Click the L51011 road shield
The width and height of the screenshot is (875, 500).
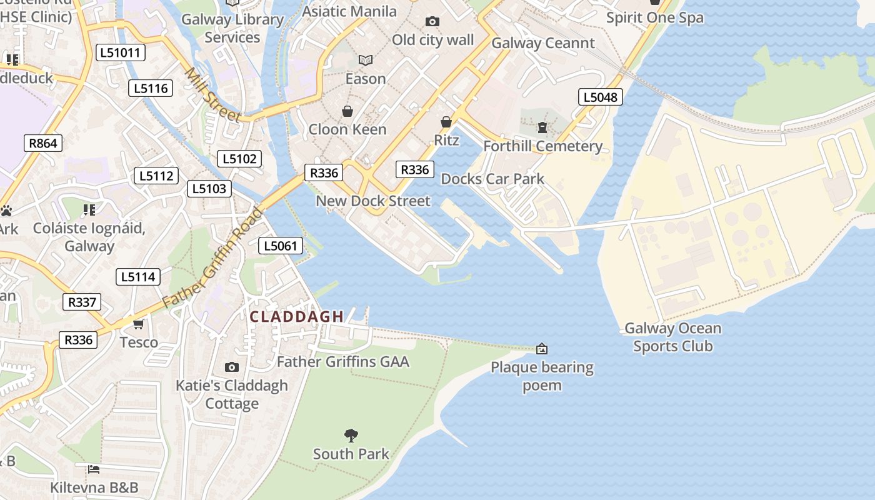pos(121,52)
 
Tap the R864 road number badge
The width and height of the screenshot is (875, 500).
pos(43,143)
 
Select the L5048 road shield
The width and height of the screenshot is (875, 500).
pos(600,97)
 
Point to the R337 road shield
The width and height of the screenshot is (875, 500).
pos(82,302)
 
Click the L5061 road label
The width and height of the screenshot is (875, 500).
pos(281,246)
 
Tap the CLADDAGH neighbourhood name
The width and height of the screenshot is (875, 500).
pos(297,317)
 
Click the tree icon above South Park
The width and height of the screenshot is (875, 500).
pos(351,435)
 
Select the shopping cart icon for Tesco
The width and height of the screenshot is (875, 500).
pos(139,324)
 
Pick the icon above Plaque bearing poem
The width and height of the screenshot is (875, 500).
pos(542,348)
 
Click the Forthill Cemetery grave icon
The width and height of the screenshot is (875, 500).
pos(542,127)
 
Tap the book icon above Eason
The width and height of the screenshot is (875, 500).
pos(366,60)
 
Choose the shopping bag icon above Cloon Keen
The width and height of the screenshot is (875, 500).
pos(347,111)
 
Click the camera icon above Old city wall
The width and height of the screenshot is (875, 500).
pos(432,22)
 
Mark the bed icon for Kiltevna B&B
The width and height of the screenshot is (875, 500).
pos(94,469)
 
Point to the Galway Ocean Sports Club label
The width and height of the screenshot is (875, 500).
pos(672,337)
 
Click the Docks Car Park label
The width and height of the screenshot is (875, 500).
pos(492,179)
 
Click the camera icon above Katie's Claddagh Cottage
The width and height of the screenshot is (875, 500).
pos(232,367)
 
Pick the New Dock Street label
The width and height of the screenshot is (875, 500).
pos(373,201)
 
